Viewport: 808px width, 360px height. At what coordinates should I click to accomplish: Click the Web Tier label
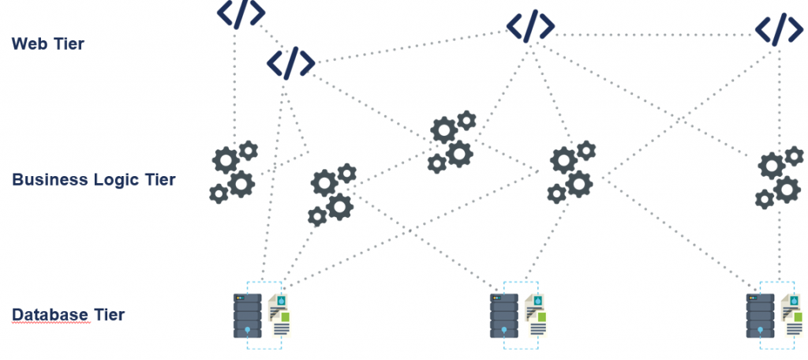(47, 44)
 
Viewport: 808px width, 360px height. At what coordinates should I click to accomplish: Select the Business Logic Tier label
(93, 180)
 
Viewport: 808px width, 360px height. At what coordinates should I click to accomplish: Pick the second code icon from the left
(291, 63)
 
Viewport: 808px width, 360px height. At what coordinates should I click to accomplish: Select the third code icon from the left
(531, 25)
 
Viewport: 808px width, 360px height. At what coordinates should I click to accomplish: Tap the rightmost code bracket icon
(780, 28)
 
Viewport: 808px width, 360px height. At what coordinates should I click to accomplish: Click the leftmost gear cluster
(234, 172)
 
